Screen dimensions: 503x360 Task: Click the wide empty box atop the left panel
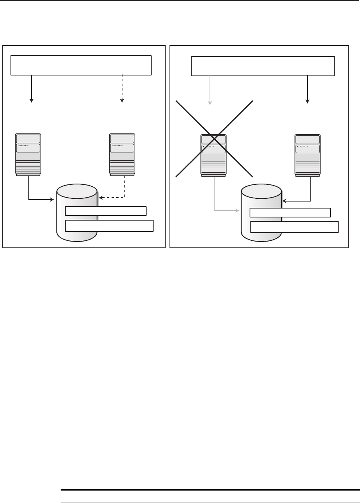click(81, 65)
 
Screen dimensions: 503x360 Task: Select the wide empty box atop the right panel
click(263, 66)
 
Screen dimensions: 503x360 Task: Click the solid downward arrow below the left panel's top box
click(31, 89)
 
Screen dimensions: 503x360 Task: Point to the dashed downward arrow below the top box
click(122, 89)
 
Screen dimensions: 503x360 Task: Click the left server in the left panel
click(28, 155)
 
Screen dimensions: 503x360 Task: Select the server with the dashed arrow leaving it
click(122, 155)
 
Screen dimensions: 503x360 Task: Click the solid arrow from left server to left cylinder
click(39, 200)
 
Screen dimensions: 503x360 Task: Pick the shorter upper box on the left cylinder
click(106, 211)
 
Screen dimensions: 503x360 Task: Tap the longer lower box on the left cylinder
click(109, 226)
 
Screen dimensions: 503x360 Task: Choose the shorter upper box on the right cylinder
click(290, 212)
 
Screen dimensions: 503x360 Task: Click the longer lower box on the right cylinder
click(294, 227)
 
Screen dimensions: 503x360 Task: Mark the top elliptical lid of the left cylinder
click(77, 191)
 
